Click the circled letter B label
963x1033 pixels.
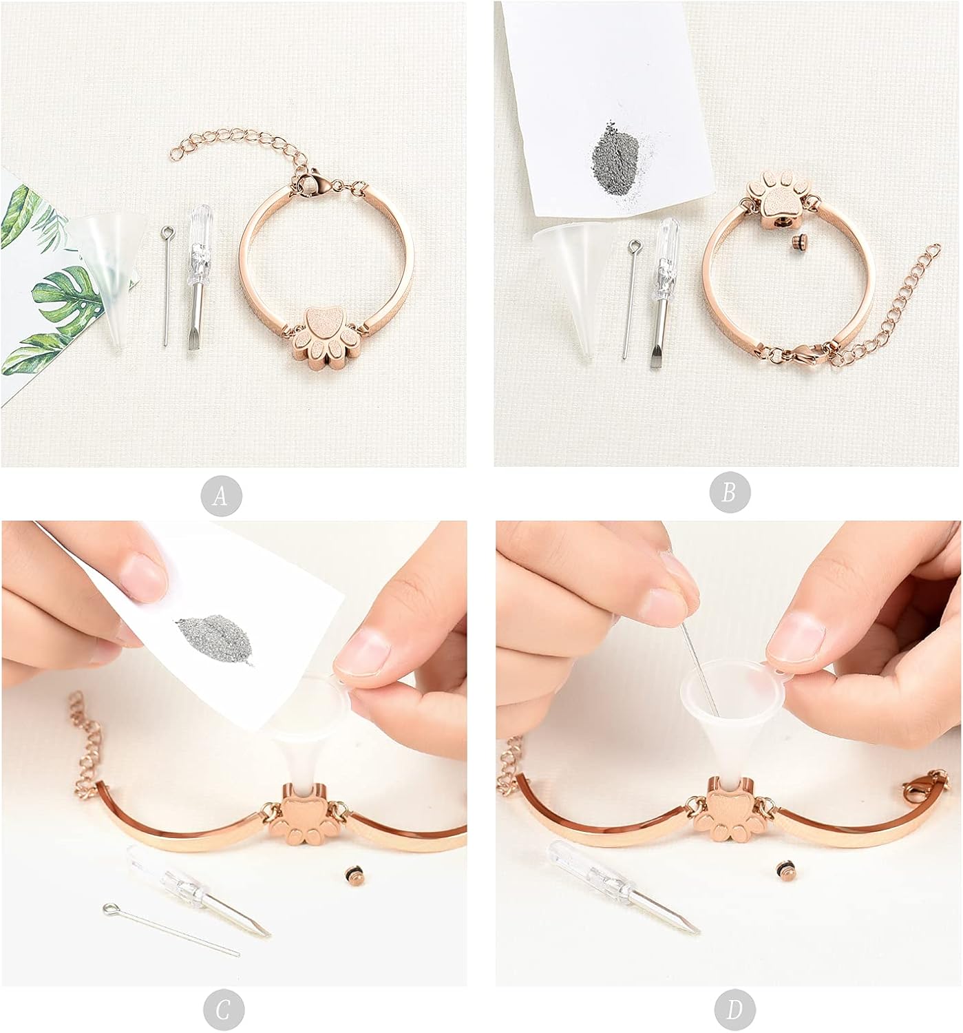[x=730, y=492]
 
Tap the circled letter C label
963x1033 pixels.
[x=223, y=1010]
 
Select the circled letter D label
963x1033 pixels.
[x=734, y=1010]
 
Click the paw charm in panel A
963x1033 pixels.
[x=325, y=338]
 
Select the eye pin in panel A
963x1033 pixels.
[x=167, y=285]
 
